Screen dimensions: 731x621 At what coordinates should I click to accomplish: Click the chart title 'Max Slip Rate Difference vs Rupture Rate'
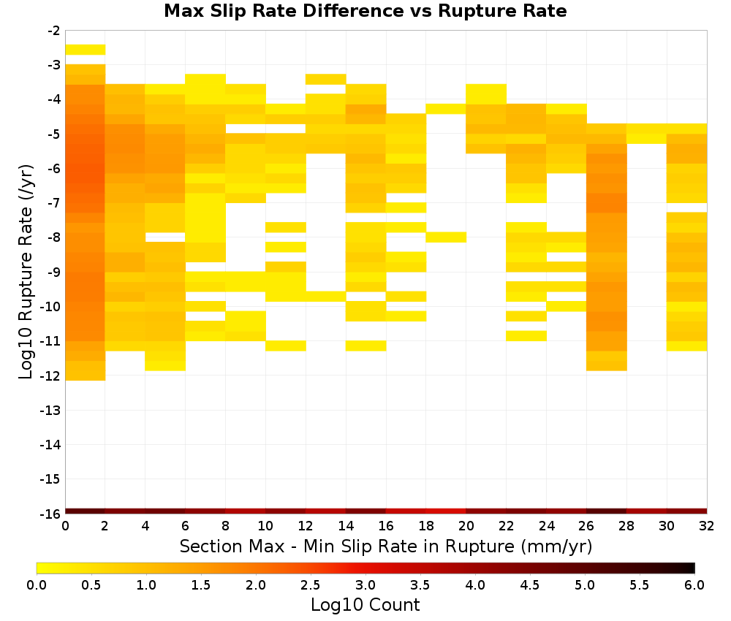coord(365,11)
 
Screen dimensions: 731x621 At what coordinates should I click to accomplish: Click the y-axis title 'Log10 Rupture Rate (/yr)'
coord(26,272)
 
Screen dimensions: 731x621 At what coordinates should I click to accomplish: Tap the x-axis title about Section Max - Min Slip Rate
coord(385,546)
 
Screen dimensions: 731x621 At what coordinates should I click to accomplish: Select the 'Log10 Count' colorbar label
coord(365,605)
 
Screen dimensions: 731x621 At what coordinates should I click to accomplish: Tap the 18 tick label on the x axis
coord(425,526)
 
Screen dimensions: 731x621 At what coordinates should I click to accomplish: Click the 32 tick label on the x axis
coord(706,526)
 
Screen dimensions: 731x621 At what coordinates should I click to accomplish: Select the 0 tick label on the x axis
coord(65,526)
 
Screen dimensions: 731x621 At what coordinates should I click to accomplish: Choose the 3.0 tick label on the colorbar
coord(365,584)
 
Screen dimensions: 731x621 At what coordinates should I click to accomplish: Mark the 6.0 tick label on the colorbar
coord(694,584)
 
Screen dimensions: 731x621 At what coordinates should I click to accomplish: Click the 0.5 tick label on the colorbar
coord(91,584)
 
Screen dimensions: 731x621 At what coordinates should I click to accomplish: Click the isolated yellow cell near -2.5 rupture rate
coord(86,50)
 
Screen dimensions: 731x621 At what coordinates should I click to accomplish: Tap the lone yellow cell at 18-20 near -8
coord(446,237)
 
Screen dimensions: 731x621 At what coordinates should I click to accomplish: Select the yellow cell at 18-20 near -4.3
coord(446,109)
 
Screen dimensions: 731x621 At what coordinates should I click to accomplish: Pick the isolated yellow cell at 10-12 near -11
coord(286,346)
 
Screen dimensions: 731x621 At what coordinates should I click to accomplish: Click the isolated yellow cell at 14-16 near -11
coord(366,346)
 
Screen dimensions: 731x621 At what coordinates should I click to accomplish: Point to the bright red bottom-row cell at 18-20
coord(446,511)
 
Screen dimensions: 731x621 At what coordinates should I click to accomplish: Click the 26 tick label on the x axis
coord(586,526)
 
